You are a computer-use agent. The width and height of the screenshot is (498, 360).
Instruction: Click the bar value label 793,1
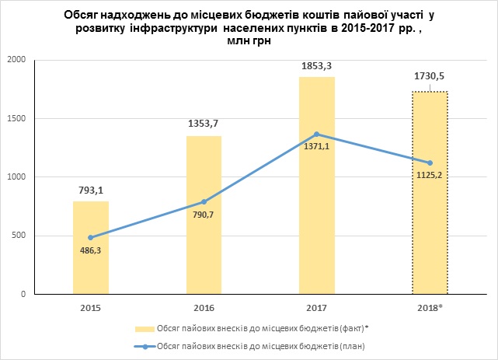tap(91, 188)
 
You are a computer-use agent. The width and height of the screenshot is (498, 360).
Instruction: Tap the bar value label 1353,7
tap(204, 123)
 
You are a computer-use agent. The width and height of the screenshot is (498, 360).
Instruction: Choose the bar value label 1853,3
tap(317, 65)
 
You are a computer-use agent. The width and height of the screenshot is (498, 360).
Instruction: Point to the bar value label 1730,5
tap(430, 79)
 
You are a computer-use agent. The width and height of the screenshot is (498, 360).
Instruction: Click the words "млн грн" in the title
tap(247, 43)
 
